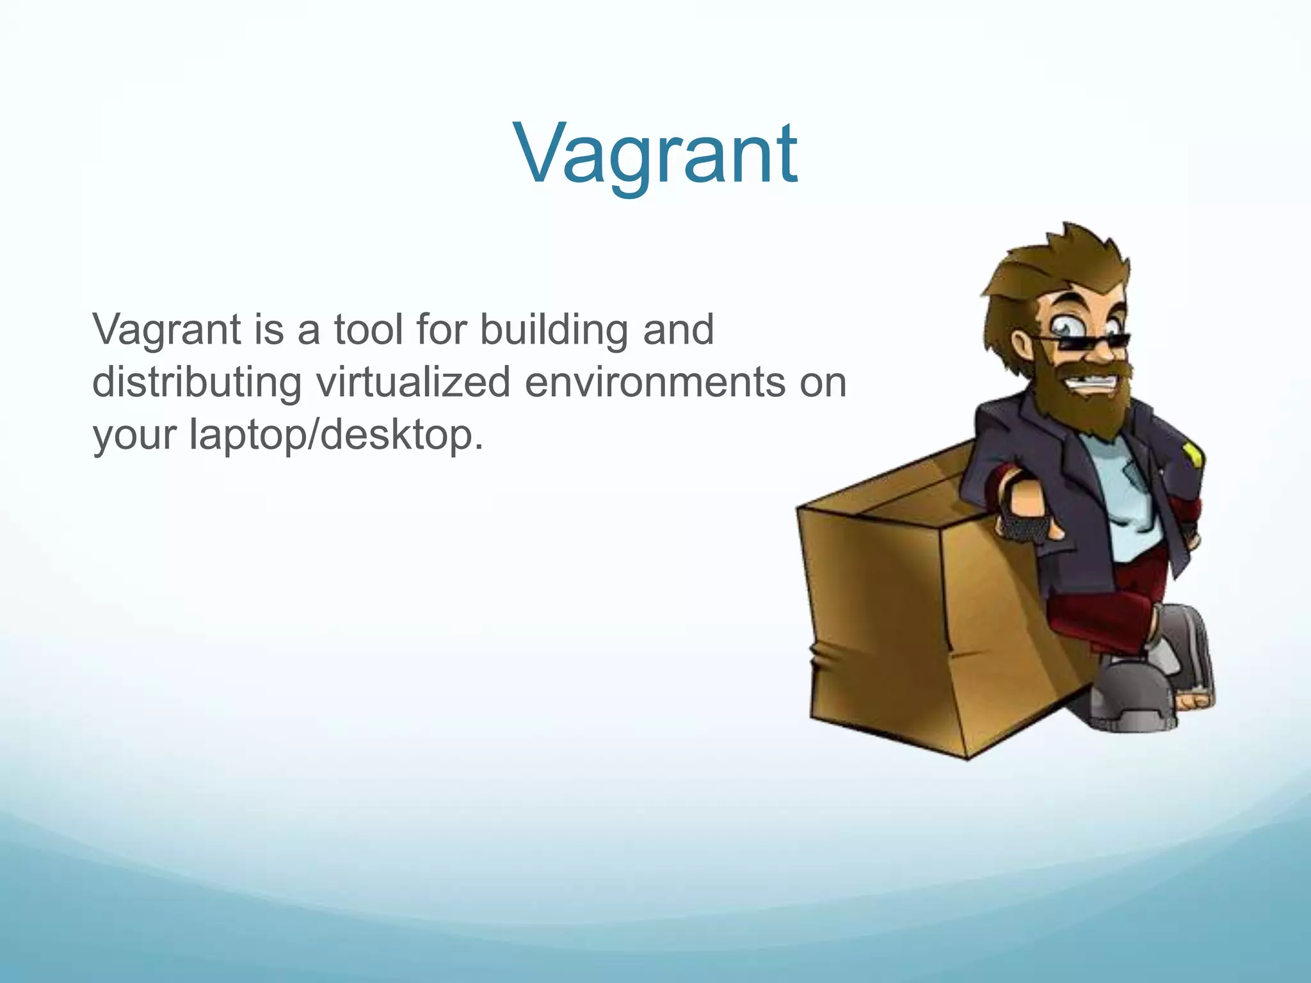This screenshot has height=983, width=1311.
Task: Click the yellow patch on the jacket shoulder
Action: [1193, 454]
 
